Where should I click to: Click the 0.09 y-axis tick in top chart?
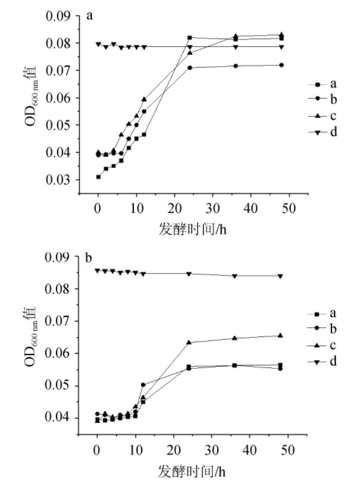coord(60,16)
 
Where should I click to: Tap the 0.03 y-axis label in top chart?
coord(60,180)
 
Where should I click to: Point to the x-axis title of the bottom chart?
coord(192,470)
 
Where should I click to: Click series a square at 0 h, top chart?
coord(98,177)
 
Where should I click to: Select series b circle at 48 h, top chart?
coord(281,65)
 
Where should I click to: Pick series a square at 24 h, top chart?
coord(190,38)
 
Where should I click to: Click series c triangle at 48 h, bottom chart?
coord(280,336)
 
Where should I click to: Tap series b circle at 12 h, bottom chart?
coord(143,385)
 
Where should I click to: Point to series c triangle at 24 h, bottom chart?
coord(189,343)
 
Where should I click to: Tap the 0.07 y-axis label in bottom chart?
coord(60,321)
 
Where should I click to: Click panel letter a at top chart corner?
coord(90,16)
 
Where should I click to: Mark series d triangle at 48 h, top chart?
coord(281,47)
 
